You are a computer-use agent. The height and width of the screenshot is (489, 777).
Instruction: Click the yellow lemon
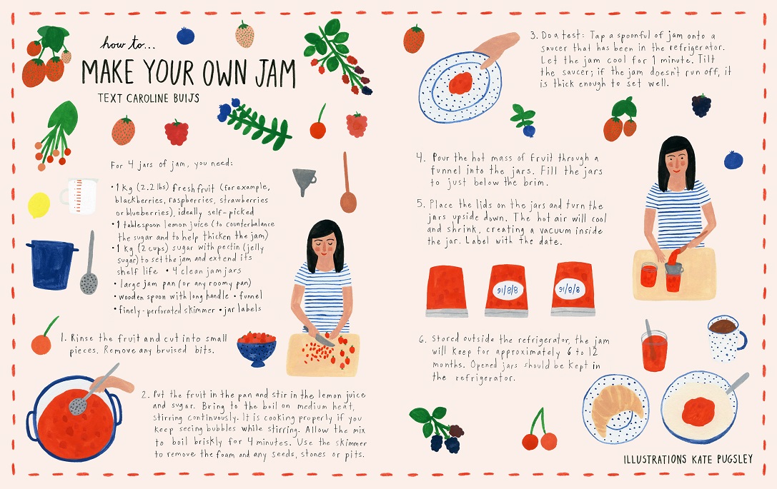39,205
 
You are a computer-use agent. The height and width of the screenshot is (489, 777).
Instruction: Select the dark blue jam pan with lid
51,264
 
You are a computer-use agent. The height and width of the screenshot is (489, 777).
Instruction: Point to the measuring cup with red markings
79,196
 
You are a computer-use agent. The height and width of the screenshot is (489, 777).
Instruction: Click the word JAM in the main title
275,74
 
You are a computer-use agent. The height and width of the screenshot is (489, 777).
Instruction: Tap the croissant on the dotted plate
613,409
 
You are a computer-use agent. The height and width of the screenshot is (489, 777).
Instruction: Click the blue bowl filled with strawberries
256,348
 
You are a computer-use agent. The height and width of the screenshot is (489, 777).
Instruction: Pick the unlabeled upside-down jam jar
447,291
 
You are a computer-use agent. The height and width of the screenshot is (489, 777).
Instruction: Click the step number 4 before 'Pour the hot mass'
420,158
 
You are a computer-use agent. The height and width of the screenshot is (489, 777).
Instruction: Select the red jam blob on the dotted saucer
460,83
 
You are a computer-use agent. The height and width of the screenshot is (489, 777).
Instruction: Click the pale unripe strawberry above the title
244,35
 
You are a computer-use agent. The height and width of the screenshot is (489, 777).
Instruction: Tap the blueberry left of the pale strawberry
185,36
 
